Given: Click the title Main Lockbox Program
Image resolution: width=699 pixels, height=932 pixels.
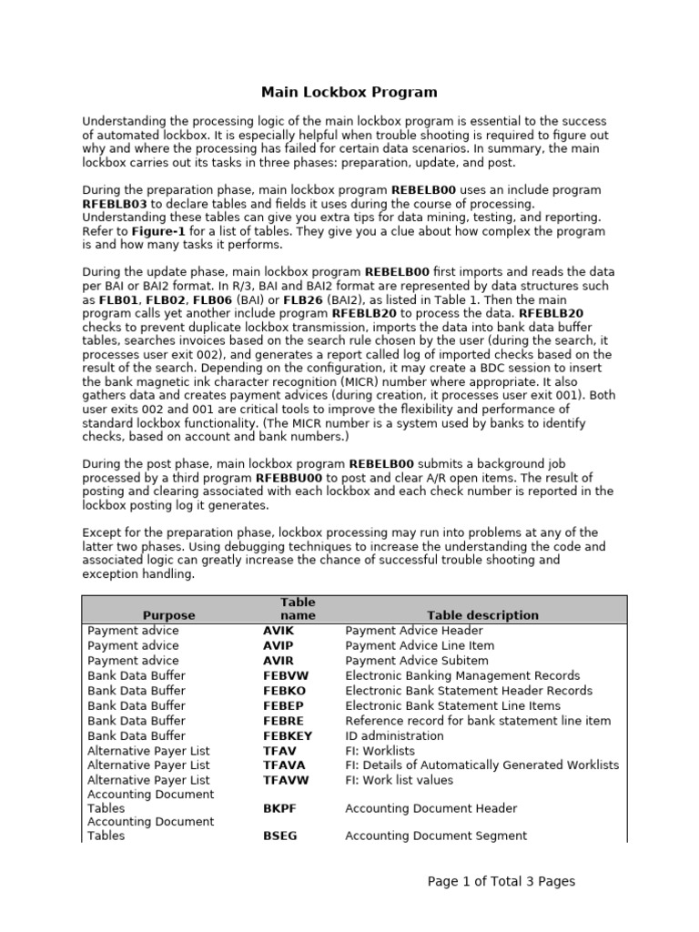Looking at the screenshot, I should pyautogui.click(x=349, y=92).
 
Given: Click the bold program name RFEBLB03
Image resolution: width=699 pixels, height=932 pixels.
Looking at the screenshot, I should pyautogui.click(x=115, y=204).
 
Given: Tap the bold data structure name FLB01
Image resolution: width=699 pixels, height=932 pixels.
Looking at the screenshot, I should pyautogui.click(x=116, y=299).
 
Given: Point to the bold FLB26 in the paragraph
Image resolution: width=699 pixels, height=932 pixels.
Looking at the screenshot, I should pyautogui.click(x=279, y=299).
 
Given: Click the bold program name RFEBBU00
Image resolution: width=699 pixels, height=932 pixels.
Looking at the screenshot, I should pyautogui.click(x=290, y=478).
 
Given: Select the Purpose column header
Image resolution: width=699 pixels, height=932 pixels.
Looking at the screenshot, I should pyautogui.click(x=168, y=615).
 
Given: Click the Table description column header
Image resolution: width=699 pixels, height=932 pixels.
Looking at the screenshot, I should pyautogui.click(x=484, y=615).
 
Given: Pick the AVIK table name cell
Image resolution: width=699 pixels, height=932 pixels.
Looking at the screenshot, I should pyautogui.click(x=278, y=631).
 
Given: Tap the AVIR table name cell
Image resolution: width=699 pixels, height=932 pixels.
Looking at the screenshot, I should pyautogui.click(x=278, y=661).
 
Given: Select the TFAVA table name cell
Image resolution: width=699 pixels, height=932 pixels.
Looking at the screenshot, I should pyautogui.click(x=282, y=765).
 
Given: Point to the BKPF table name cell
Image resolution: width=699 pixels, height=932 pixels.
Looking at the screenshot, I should pyautogui.click(x=279, y=808).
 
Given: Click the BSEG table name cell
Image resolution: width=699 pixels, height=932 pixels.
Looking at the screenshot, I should pyautogui.click(x=280, y=836).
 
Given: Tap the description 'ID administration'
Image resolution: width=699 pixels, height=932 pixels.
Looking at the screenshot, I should pyautogui.click(x=394, y=736).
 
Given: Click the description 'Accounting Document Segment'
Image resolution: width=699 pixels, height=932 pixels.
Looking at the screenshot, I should pyautogui.click(x=436, y=836).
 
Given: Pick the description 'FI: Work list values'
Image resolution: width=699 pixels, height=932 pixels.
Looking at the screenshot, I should pyautogui.click(x=399, y=780).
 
